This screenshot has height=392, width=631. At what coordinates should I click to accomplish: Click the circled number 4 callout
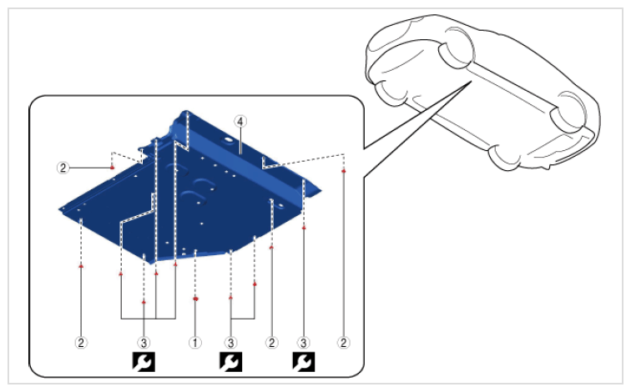[x=240, y=122]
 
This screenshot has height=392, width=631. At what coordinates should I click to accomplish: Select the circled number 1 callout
[x=195, y=343]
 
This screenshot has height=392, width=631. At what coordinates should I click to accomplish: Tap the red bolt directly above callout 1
[x=195, y=299]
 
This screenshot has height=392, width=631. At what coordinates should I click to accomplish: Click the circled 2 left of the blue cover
[x=63, y=168]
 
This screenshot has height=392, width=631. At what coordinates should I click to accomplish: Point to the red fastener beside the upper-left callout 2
[x=113, y=168]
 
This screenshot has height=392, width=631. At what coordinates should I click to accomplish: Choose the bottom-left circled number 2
[x=81, y=343]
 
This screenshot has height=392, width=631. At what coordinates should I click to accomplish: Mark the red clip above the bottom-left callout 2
[x=81, y=266]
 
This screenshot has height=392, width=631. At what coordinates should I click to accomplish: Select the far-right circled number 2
[x=343, y=343]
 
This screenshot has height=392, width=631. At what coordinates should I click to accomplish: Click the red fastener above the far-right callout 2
[x=343, y=171]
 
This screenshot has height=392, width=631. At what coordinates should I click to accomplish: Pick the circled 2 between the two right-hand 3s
[x=271, y=343]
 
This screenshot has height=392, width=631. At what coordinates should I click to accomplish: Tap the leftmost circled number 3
[x=144, y=343]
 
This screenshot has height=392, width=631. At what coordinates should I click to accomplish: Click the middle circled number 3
[x=230, y=343]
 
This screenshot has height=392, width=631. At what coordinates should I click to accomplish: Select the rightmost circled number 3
[x=304, y=343]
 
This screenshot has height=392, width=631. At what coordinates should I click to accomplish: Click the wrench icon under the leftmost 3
[x=144, y=362]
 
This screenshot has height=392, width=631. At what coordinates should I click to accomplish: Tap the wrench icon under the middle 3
[x=230, y=362]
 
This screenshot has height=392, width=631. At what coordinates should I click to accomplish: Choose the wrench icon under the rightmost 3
[x=304, y=362]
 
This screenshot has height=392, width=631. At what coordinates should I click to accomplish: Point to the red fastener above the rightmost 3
[x=304, y=228]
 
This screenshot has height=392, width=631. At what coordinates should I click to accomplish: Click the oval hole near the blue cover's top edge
[x=228, y=140]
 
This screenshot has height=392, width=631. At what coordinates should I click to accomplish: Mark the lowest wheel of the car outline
[x=504, y=155]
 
